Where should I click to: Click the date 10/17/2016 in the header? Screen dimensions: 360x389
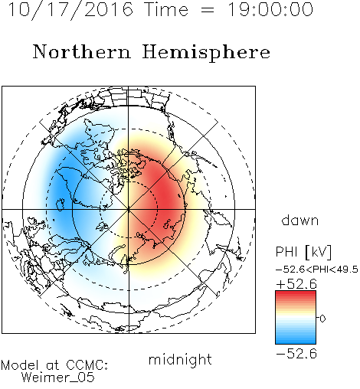pos(70,9)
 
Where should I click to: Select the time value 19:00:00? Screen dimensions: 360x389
pos(270,9)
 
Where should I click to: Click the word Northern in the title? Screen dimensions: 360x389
pos(82,52)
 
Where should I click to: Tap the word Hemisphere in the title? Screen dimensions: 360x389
pos(206,53)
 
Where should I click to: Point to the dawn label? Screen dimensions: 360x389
pos(300,220)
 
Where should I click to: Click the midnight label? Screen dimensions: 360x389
pos(180,360)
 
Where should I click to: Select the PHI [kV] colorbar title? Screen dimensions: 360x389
pos(303,252)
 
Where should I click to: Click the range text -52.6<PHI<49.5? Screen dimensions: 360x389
pos(317,270)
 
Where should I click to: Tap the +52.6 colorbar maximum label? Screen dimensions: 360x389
pos(296,284)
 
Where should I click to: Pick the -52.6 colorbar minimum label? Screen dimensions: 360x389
pos(296,354)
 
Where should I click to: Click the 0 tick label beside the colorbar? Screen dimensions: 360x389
pos(322,319)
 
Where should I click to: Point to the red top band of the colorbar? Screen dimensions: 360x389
pos(296,294)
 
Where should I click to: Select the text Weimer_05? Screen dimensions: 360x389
pos(57,378)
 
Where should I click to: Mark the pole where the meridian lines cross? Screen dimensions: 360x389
pos(129,209)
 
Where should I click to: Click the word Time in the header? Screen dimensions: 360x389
pos(166,9)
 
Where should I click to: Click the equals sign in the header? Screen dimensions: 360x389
pos(208,10)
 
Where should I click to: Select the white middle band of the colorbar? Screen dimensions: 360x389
pos(296,317)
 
